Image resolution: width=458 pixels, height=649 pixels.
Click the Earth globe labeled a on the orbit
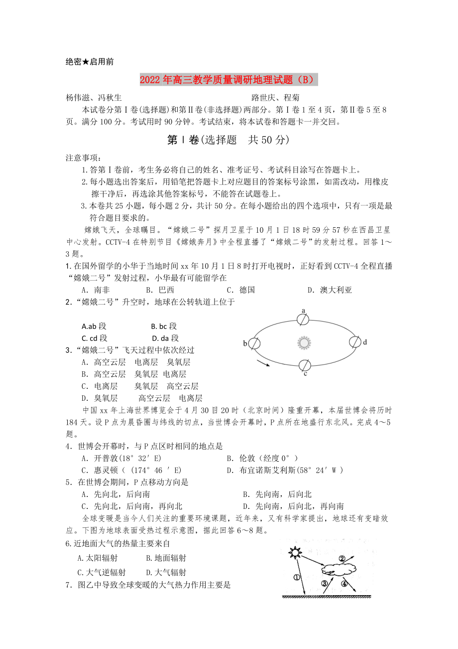tap(303, 319)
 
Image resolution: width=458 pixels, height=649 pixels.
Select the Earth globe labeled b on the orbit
tap(254, 343)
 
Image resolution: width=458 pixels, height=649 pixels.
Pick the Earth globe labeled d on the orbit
tap(354, 342)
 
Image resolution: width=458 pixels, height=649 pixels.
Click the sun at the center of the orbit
tap(304, 342)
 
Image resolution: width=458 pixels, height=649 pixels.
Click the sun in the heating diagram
tap(296, 552)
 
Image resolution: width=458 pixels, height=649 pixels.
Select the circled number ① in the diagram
tap(297, 578)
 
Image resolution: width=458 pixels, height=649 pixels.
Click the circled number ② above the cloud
tap(342, 558)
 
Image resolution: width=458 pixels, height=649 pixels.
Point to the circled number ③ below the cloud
tap(325, 584)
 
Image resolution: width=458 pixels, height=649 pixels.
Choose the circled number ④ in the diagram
tap(343, 584)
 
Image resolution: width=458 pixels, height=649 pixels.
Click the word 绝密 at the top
tap(74, 62)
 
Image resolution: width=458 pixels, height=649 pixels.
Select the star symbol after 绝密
tap(86, 62)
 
